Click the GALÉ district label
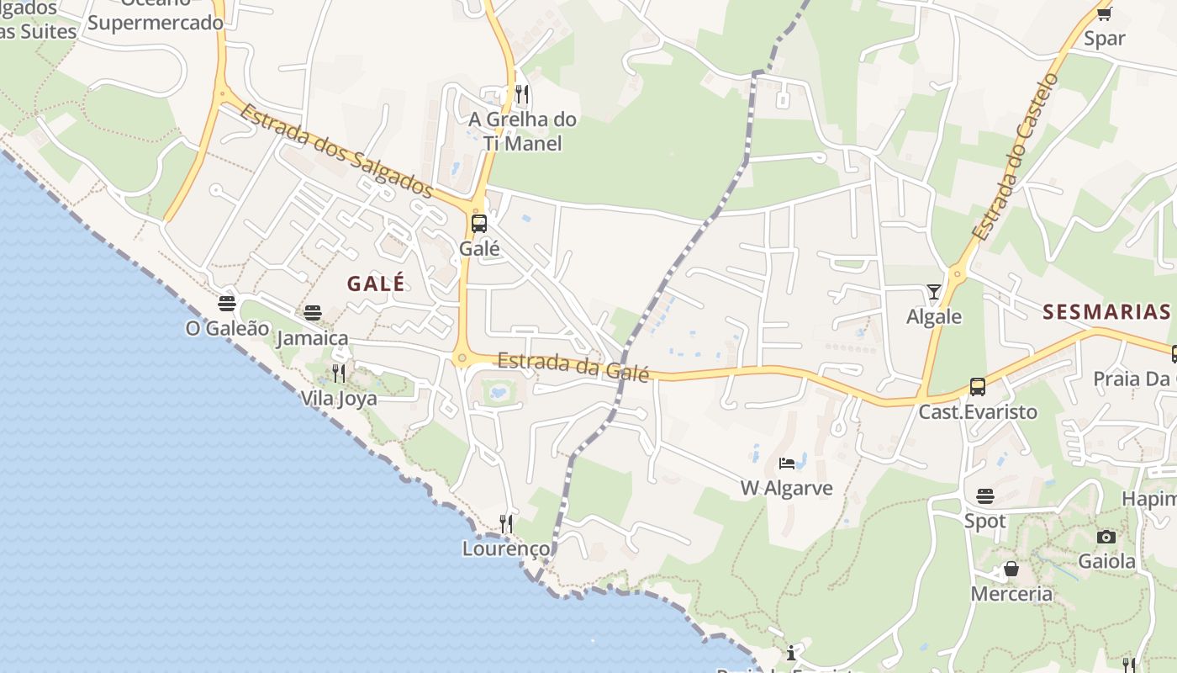[x=376, y=284]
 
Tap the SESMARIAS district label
[x=1106, y=312]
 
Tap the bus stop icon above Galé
[x=479, y=224]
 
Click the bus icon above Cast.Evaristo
[x=977, y=387]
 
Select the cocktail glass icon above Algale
[x=934, y=292]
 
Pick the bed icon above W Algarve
[x=787, y=463]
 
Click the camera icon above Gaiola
[x=1106, y=537]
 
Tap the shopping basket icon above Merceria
[x=1011, y=570]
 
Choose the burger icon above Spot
[x=984, y=496]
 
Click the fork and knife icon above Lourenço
[x=506, y=524]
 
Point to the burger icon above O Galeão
[x=227, y=303]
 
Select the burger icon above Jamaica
[x=313, y=313]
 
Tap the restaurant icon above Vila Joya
[x=339, y=373]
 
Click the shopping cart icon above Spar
[x=1105, y=13]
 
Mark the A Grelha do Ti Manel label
[x=523, y=131]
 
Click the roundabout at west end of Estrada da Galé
[x=462, y=358]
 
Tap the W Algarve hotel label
[x=786, y=488]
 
